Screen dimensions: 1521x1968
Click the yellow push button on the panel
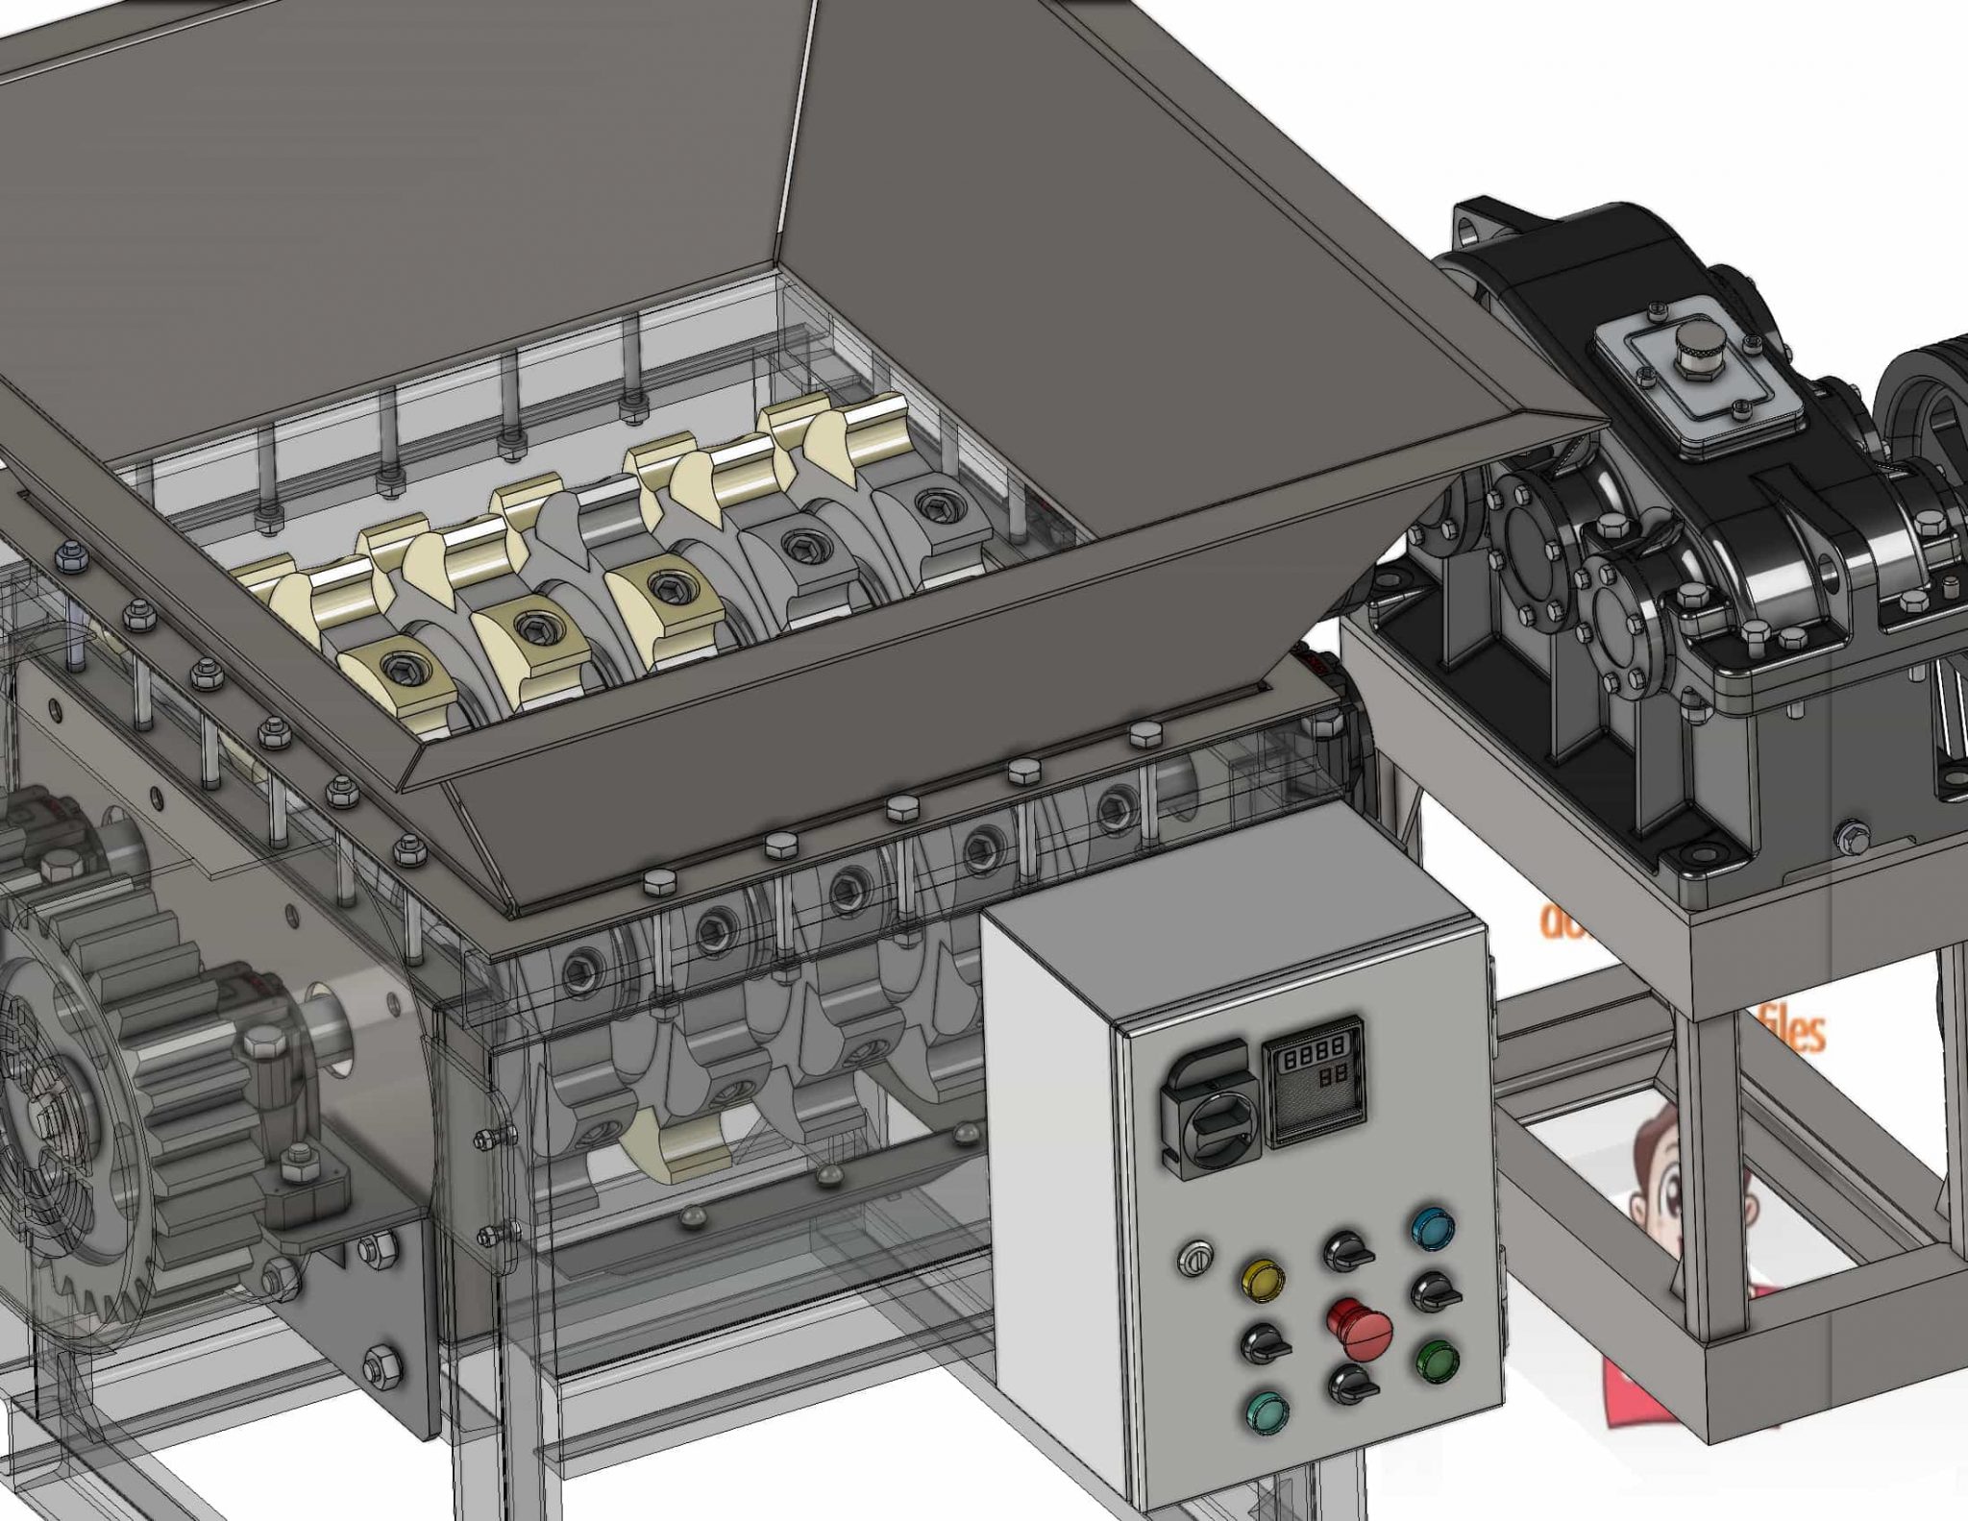[1263, 1279]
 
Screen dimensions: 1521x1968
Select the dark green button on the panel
[1437, 1362]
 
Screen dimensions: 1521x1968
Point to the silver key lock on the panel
[1194, 1257]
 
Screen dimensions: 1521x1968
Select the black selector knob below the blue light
[1434, 1292]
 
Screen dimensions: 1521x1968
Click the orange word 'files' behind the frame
[1792, 1031]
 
